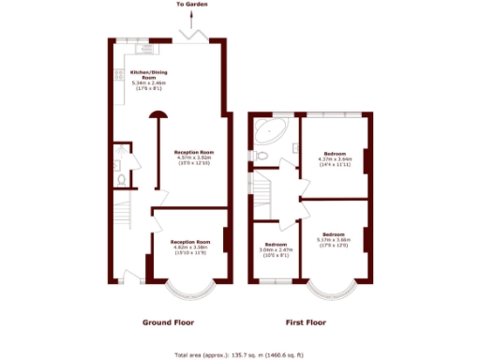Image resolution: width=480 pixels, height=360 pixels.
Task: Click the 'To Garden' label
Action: (191, 6)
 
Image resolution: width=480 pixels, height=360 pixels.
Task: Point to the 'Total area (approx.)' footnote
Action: (240, 354)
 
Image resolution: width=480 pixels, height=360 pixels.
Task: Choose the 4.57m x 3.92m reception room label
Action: (194, 157)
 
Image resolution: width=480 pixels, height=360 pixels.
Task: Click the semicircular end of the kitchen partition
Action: (157, 115)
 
